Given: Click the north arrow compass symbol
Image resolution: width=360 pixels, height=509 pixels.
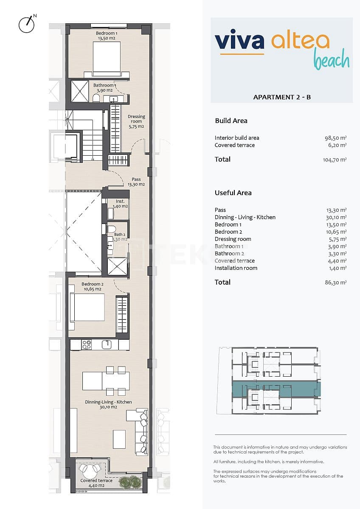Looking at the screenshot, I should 26,24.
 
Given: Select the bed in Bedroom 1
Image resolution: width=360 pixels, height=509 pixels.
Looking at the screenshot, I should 107,59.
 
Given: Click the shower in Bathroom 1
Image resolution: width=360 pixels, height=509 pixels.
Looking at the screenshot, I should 79,91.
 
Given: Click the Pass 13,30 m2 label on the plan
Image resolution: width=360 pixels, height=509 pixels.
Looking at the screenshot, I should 136,182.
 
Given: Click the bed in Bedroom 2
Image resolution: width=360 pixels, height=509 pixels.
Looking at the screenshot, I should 87,307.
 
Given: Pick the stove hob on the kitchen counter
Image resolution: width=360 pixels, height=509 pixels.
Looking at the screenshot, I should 87,345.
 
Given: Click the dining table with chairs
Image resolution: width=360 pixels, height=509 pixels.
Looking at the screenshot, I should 106,380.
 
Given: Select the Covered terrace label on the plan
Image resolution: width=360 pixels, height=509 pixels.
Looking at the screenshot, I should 96,483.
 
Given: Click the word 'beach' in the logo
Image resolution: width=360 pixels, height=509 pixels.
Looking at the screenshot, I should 332,61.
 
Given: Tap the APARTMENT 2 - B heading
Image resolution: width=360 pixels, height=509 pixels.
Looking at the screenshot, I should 282,97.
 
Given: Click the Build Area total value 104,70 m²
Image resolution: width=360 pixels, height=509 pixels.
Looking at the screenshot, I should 335,160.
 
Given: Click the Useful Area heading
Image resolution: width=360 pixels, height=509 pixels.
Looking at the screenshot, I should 233,193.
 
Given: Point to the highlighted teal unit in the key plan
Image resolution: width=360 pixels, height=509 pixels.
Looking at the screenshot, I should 276,389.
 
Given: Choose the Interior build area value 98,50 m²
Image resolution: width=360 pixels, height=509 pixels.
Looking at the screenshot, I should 335,138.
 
